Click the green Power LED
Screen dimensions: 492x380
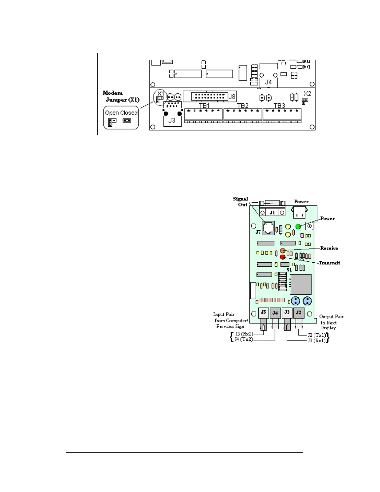click(x=298, y=227)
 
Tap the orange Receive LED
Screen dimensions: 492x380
click(x=283, y=251)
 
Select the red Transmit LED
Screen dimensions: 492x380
click(x=283, y=257)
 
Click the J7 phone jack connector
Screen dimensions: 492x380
click(x=268, y=228)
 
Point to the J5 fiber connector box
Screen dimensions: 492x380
click(x=263, y=312)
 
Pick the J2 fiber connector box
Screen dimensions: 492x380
click(x=298, y=312)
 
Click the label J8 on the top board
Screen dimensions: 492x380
click(x=232, y=97)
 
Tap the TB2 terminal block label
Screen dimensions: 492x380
click(x=243, y=106)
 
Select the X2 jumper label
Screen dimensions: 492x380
click(x=307, y=94)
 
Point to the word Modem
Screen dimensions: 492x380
click(x=113, y=93)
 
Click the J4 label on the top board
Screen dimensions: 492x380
click(x=268, y=82)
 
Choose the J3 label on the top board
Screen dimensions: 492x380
click(x=172, y=120)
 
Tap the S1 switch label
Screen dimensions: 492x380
click(x=289, y=270)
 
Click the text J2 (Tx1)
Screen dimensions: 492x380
click(x=316, y=335)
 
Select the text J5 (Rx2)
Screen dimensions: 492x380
click(x=244, y=334)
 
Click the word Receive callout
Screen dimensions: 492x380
click(x=329, y=248)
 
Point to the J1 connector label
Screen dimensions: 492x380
click(x=272, y=213)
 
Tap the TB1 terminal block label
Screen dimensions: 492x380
click(x=204, y=106)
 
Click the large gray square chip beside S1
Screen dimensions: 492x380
click(x=301, y=284)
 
